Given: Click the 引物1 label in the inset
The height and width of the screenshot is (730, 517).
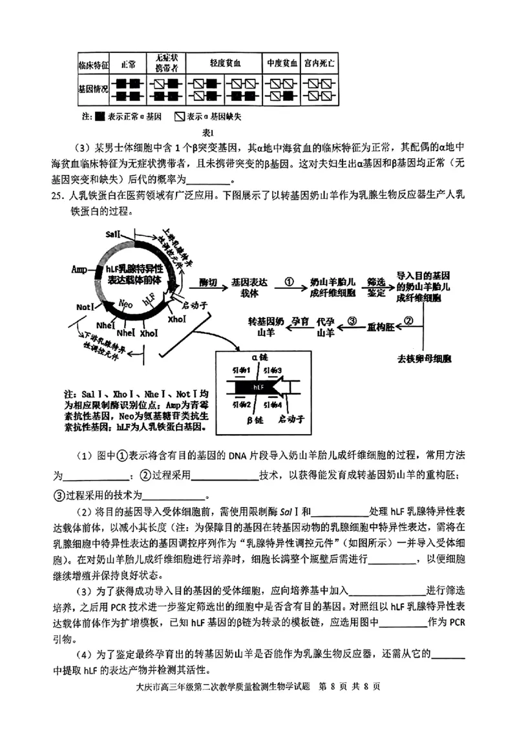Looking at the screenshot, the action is tap(241, 371).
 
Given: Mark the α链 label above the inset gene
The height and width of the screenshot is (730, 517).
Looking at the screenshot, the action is tap(259, 356).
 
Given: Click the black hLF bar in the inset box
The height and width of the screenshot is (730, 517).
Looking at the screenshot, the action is tap(258, 386).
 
